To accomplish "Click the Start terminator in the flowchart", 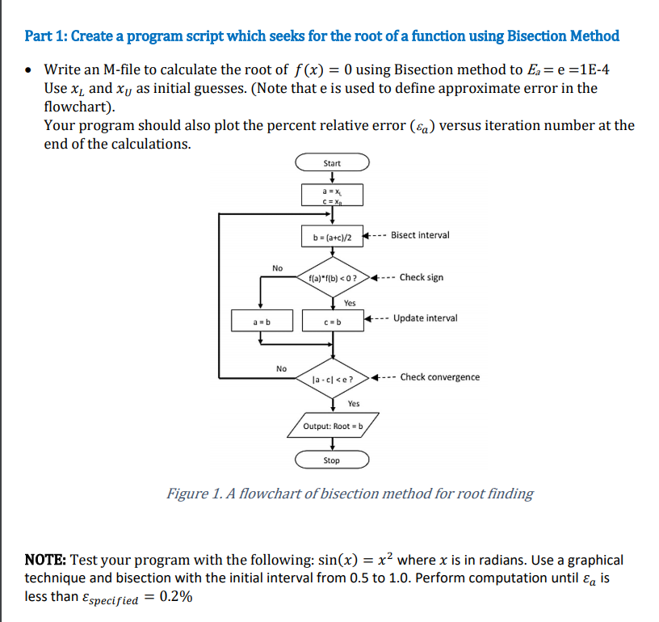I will (332, 163).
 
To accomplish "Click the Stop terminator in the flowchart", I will (332, 460).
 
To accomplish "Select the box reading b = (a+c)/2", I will (332, 237).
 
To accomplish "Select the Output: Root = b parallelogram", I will (332, 425).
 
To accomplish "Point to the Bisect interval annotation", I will (420, 235).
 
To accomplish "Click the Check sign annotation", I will (421, 277).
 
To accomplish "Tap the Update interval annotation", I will (425, 317).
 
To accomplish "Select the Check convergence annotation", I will (439, 377).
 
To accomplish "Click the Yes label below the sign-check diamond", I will (350, 303).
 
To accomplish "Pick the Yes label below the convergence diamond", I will (354, 403).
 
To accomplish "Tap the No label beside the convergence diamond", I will (281, 368).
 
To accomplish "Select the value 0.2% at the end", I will (176, 598).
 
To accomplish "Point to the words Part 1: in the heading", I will (49, 36).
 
